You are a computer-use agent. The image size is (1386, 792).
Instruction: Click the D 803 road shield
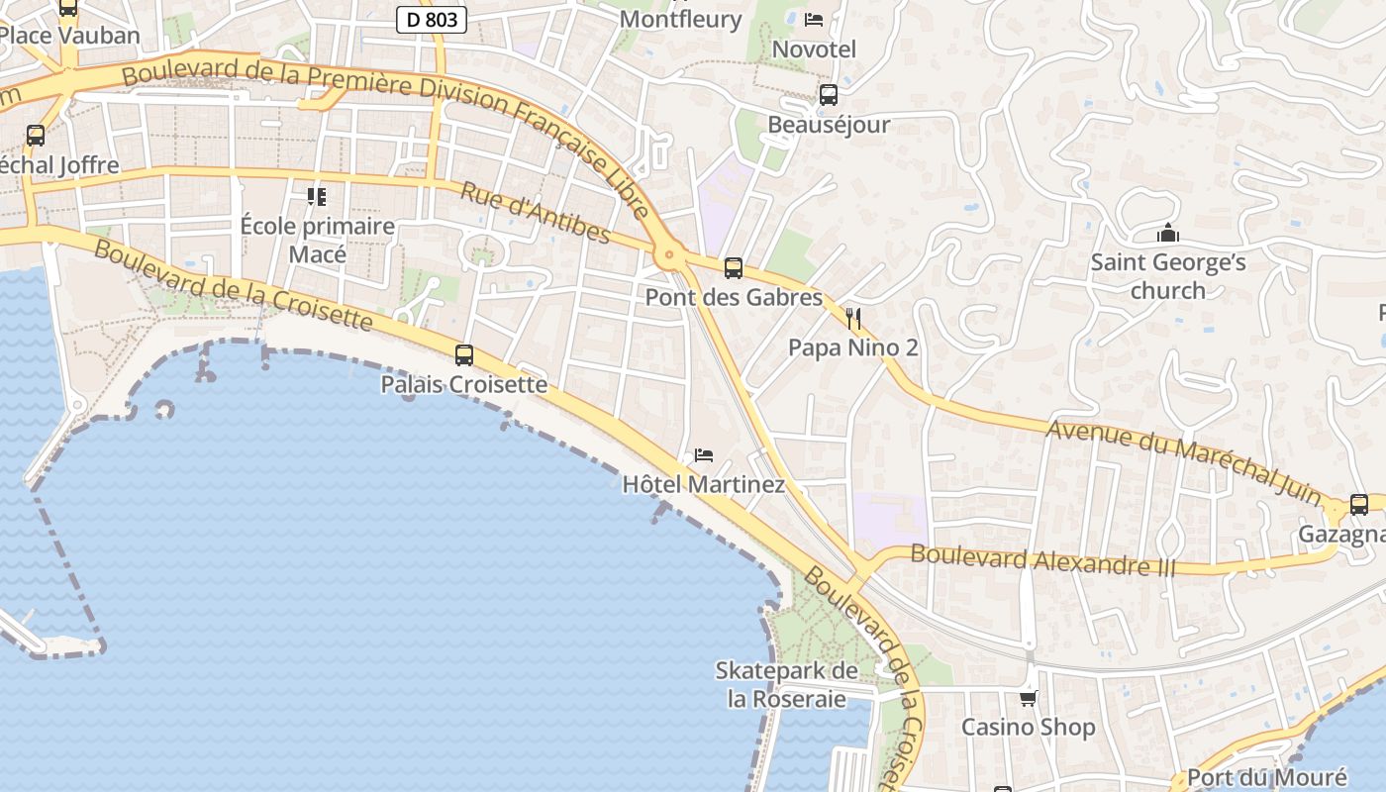click(x=432, y=19)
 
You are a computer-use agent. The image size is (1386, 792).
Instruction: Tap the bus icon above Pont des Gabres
click(x=734, y=267)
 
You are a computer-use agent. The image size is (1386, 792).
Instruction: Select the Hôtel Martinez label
click(x=703, y=485)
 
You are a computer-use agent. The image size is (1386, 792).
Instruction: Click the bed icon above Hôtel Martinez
click(x=704, y=455)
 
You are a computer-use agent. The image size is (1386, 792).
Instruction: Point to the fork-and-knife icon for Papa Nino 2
click(x=853, y=318)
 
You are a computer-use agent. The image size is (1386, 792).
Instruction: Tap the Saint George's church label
click(x=1168, y=276)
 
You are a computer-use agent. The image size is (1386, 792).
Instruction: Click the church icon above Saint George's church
click(x=1168, y=234)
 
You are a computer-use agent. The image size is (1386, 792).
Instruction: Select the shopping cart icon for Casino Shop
click(x=1029, y=698)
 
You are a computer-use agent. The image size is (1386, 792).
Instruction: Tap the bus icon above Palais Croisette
click(x=464, y=354)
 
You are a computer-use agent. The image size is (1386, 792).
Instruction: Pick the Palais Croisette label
click(x=464, y=384)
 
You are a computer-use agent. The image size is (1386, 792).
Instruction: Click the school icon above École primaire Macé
click(x=317, y=197)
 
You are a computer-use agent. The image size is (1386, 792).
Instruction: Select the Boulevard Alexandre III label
click(x=1042, y=560)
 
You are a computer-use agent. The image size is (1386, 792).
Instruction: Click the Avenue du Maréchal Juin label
click(x=1183, y=459)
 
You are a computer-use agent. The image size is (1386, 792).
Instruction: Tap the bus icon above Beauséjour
click(x=829, y=95)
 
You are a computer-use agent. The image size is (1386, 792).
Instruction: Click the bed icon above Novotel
click(x=814, y=20)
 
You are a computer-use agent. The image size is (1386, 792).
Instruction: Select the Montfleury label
click(x=680, y=19)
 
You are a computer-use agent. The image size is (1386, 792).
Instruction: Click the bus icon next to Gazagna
click(x=1359, y=505)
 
